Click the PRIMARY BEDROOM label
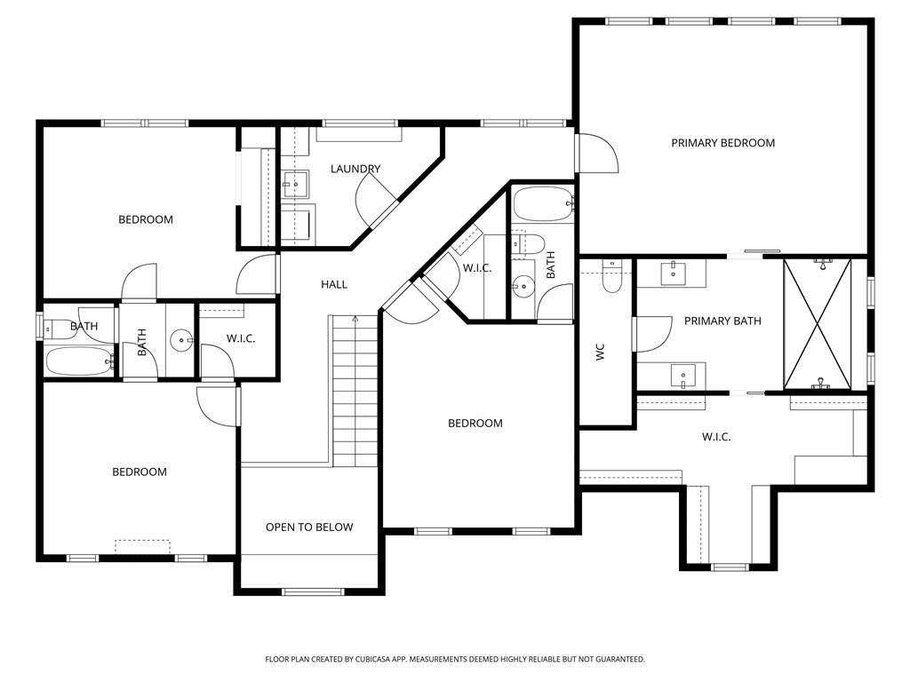(722, 143)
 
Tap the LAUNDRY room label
(355, 169)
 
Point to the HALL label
(334, 284)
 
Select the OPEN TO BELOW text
(309, 527)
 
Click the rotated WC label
(601, 352)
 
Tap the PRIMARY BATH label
(722, 321)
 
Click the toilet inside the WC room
(613, 277)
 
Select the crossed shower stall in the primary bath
(817, 323)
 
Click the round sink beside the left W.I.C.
(182, 338)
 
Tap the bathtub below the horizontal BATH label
(79, 361)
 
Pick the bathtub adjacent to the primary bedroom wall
(543, 204)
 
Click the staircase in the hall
(355, 391)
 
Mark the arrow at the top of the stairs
(355, 320)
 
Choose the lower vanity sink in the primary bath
(682, 377)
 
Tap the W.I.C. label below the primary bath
(716, 437)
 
